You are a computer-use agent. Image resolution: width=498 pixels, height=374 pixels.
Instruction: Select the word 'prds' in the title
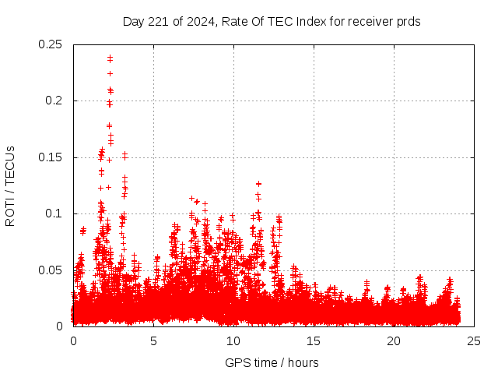[409, 22]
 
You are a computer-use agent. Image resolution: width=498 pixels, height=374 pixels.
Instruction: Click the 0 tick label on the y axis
[61, 326]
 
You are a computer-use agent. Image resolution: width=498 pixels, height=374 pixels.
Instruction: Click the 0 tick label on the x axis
[73, 341]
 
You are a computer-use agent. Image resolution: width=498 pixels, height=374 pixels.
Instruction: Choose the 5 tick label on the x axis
[153, 341]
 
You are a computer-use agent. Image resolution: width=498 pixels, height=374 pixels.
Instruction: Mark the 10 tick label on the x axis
[233, 341]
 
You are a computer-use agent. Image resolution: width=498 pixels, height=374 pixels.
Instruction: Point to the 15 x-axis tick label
[314, 341]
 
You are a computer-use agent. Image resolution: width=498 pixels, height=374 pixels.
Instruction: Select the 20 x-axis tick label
[394, 341]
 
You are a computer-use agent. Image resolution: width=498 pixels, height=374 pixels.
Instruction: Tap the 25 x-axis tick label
[474, 341]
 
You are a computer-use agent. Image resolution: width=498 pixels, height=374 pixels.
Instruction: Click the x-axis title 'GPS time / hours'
[272, 362]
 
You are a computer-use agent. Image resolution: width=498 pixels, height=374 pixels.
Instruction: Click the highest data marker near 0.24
[110, 58]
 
